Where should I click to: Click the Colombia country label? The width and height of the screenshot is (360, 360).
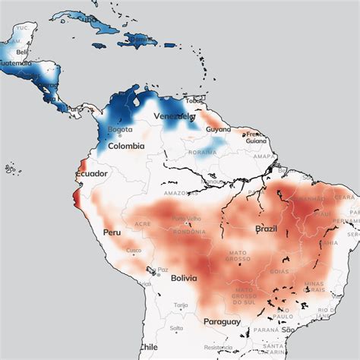[126, 146]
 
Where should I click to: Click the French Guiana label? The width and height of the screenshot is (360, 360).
[254, 137]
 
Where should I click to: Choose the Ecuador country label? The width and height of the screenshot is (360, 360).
[90, 173]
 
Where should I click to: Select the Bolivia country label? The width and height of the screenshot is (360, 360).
[185, 278]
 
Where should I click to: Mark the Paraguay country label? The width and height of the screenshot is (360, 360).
[222, 321]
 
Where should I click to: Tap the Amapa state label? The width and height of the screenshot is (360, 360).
[264, 156]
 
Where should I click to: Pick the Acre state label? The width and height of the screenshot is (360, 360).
[142, 224]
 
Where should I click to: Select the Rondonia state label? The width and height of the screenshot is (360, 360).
[186, 232]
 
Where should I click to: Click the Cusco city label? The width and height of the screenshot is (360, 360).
[134, 251]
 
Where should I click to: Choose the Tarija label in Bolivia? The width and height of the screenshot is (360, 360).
[180, 305]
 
